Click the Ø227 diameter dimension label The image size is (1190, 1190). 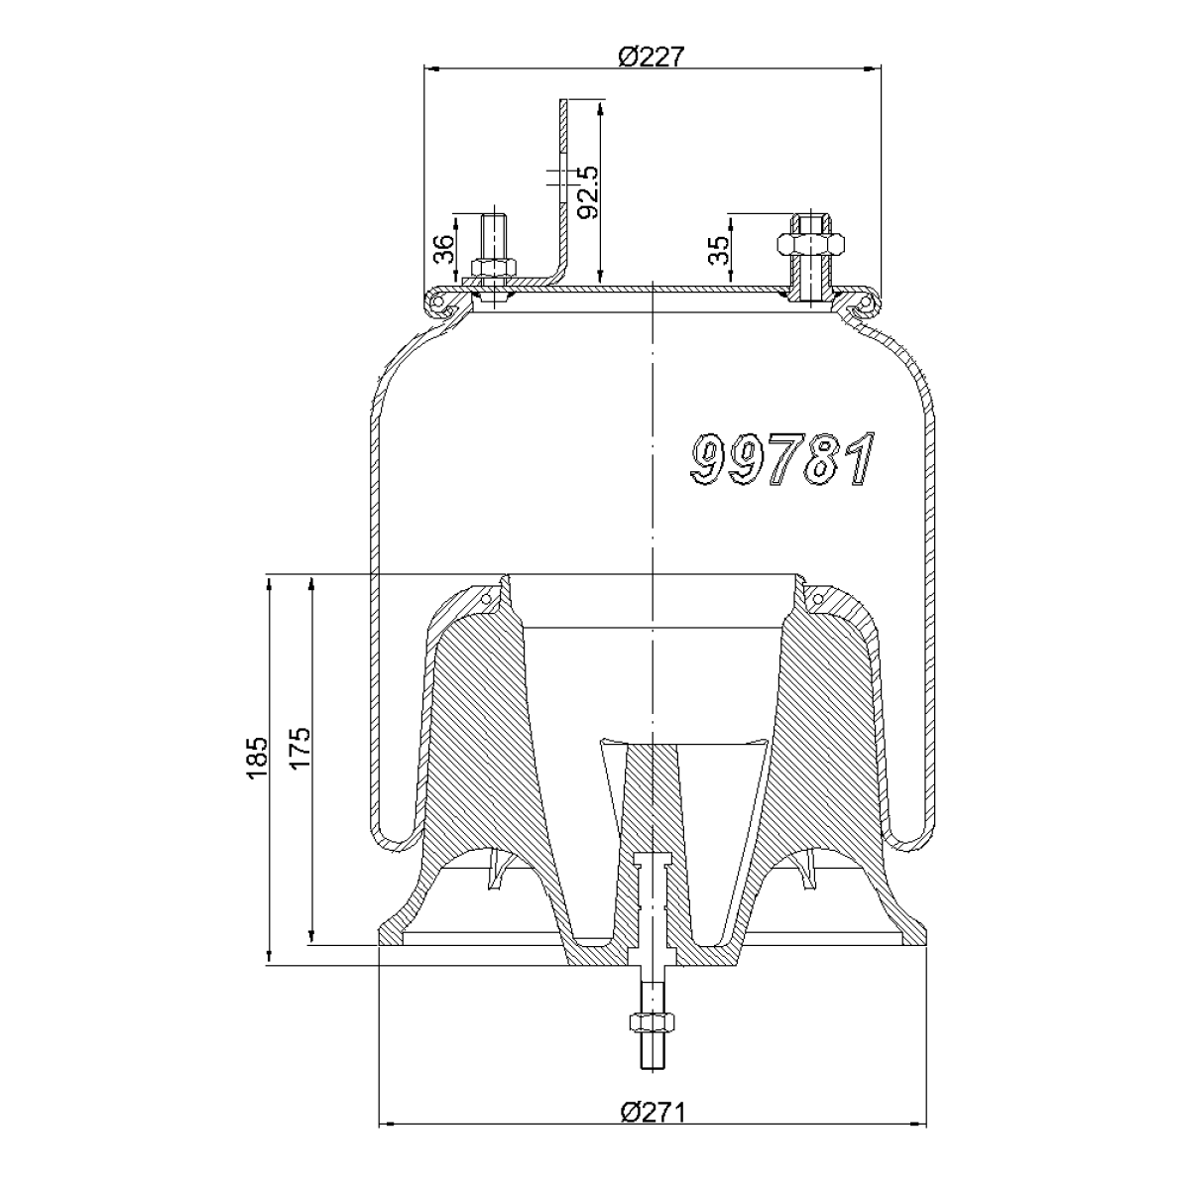click(x=652, y=57)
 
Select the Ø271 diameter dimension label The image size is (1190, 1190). click(x=653, y=1130)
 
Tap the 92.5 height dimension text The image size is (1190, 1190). click(x=587, y=192)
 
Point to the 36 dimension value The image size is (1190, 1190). click(x=444, y=248)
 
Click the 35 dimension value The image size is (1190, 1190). click(x=718, y=250)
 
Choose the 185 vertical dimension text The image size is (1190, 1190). click(x=258, y=759)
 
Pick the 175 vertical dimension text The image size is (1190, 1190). click(x=300, y=749)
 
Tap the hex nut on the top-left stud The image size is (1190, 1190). click(x=494, y=268)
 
